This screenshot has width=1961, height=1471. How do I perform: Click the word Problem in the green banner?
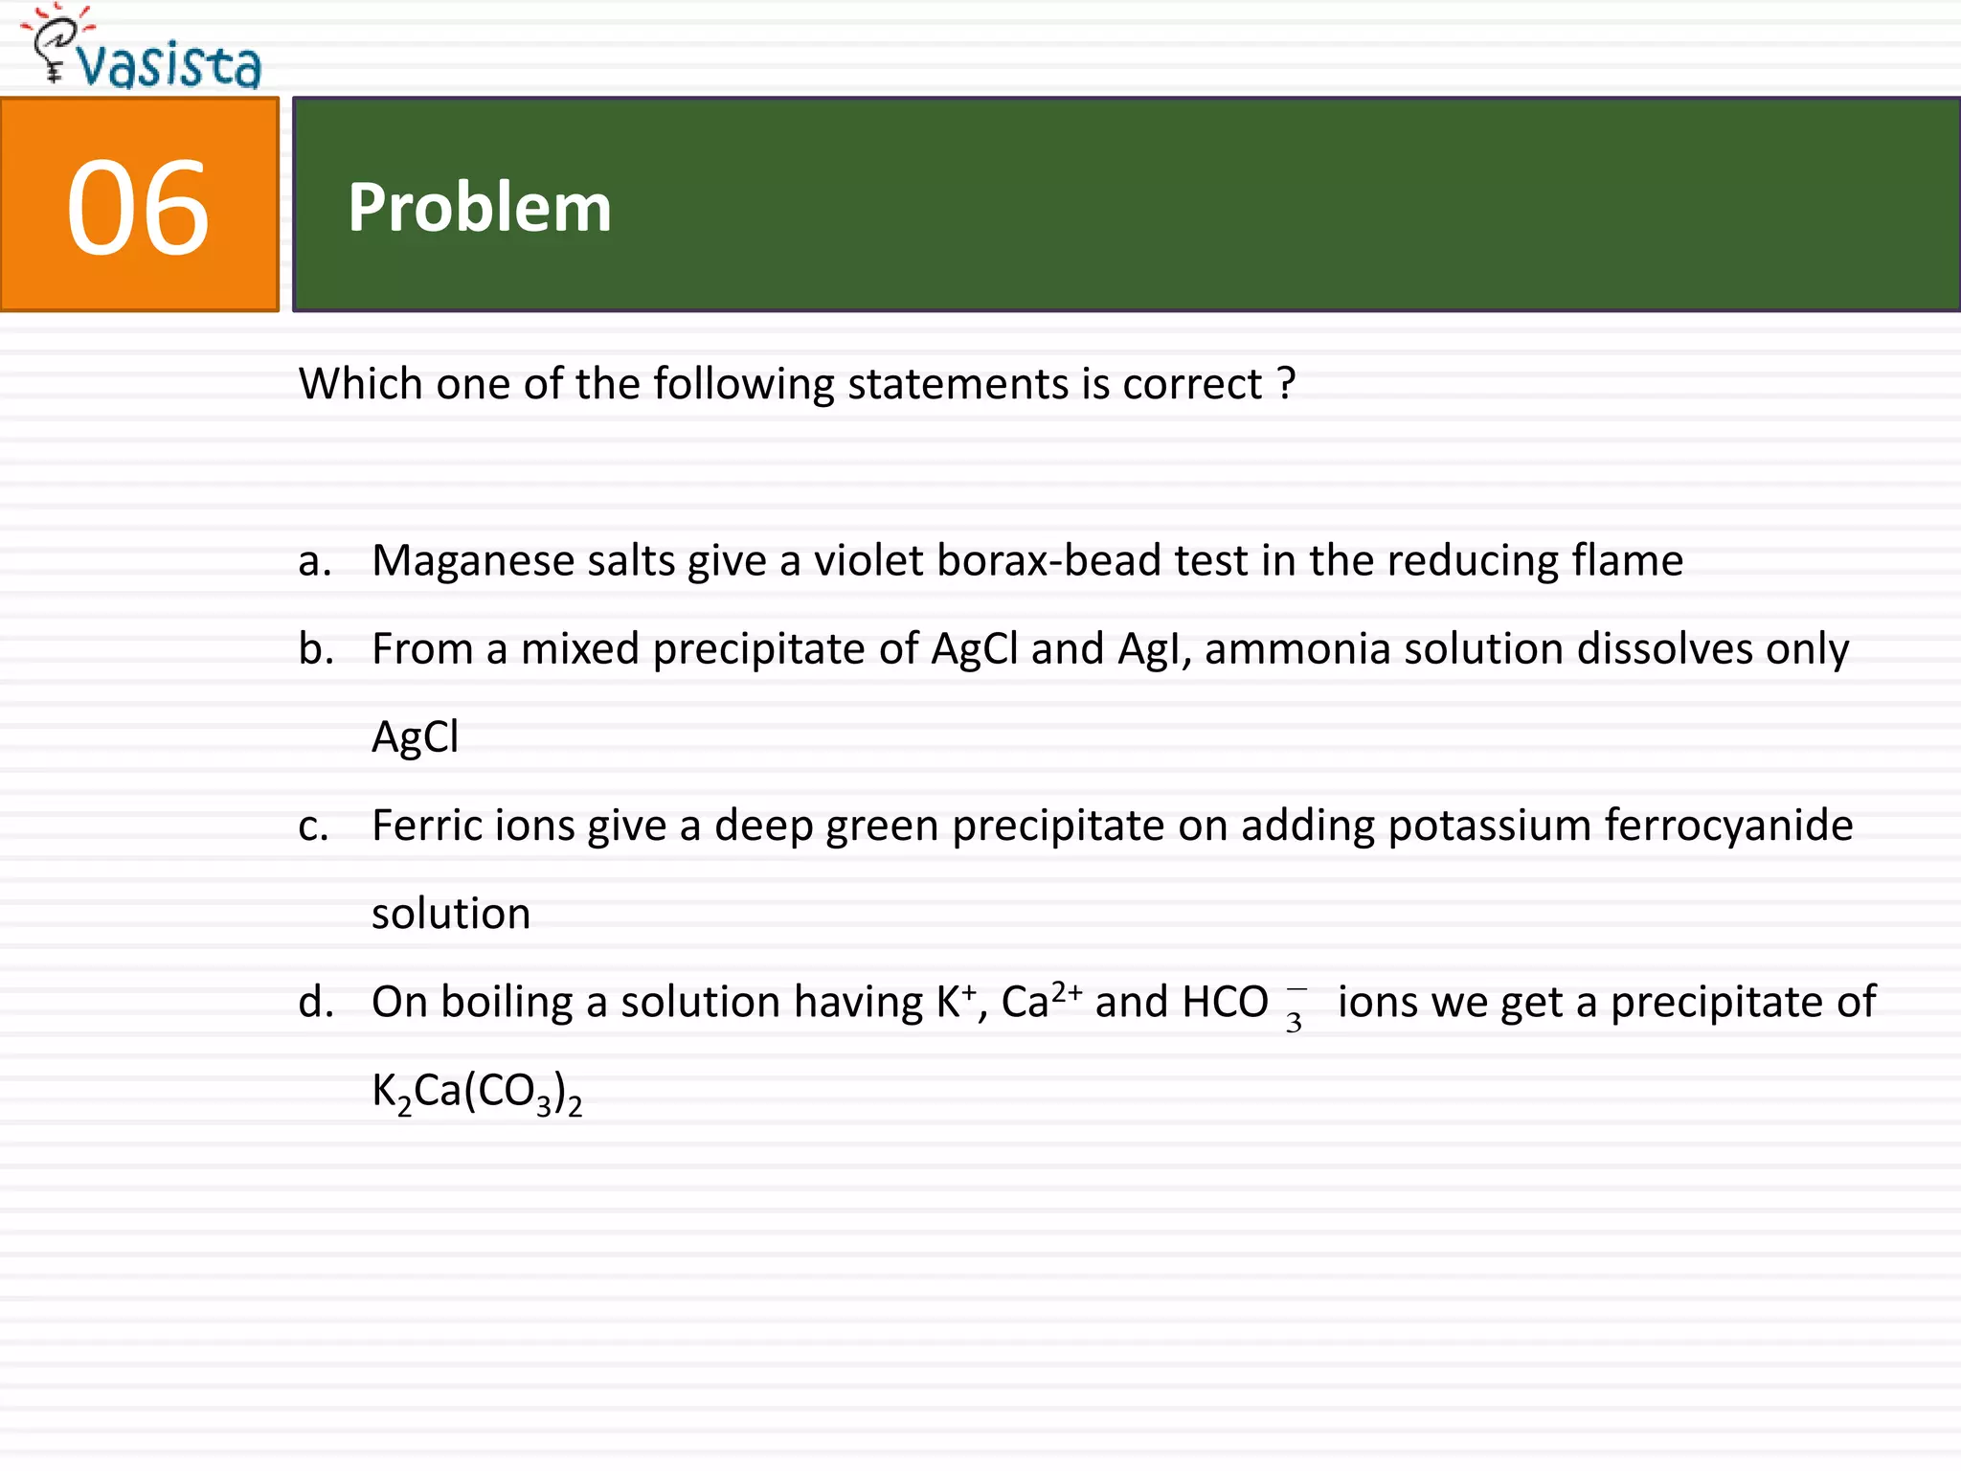(x=479, y=208)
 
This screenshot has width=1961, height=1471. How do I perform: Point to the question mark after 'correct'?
(x=1286, y=384)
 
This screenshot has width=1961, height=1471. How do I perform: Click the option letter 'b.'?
(x=316, y=649)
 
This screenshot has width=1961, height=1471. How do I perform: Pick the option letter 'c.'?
(x=313, y=826)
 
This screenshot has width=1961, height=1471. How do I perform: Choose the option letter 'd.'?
(x=316, y=1003)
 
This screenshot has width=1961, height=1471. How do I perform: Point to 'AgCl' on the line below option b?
(x=416, y=737)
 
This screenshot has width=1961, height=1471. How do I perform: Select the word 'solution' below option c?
(x=451, y=915)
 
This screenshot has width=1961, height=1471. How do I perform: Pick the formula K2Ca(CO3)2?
(x=477, y=1093)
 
